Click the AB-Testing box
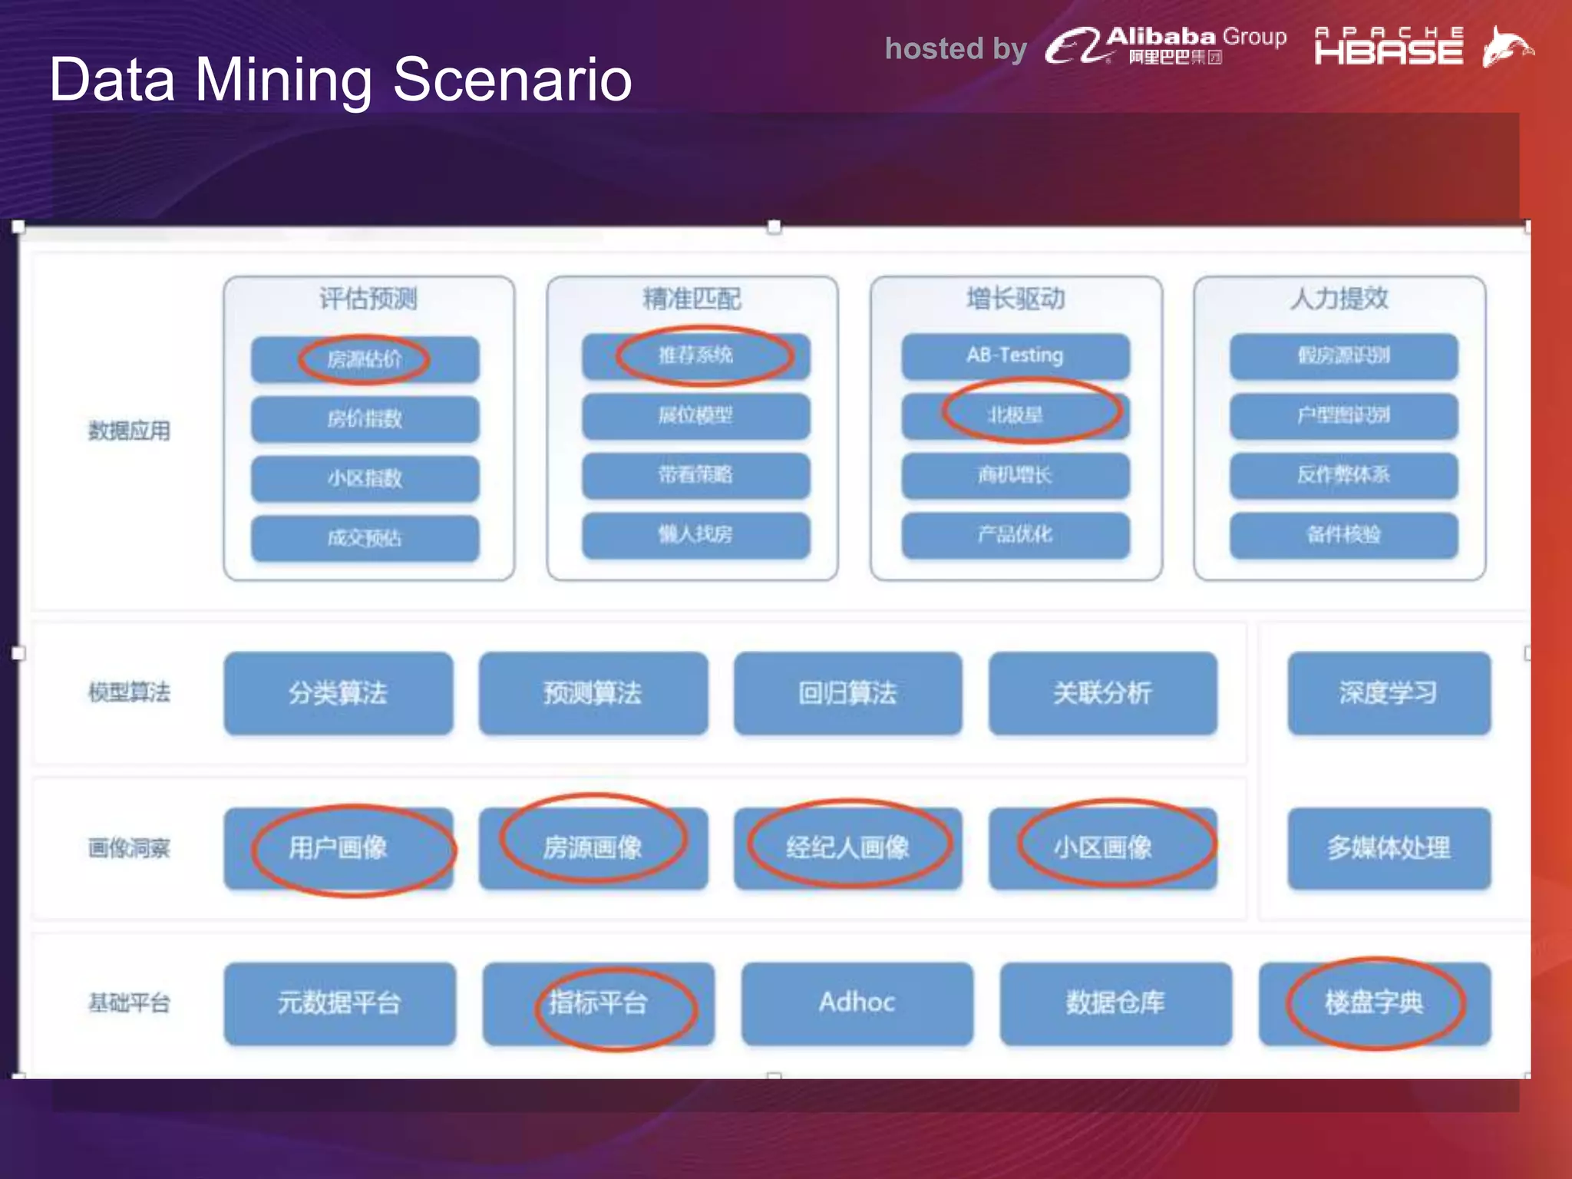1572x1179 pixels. coord(1015,355)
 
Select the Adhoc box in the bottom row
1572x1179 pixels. coord(857,1002)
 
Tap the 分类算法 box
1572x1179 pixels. coord(338,693)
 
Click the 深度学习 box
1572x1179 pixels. coord(1389,693)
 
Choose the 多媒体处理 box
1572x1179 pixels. coord(1389,848)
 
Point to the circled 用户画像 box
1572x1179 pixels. coord(338,848)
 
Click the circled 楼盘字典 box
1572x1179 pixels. coord(1374,1002)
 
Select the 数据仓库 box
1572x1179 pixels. coord(1115,1002)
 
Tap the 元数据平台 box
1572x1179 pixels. coord(339,1002)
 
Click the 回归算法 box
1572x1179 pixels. coord(847,693)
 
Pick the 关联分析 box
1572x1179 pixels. coord(1102,693)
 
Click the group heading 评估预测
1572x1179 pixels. coord(368,299)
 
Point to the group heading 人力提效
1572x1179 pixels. coord(1339,299)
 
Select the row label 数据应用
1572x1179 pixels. coord(129,431)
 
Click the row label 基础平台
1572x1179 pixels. coord(129,1002)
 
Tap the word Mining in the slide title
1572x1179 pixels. coord(283,79)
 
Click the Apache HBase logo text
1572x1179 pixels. coord(1389,47)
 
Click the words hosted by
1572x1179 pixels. coord(956,48)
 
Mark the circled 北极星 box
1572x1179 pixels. coord(1015,415)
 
